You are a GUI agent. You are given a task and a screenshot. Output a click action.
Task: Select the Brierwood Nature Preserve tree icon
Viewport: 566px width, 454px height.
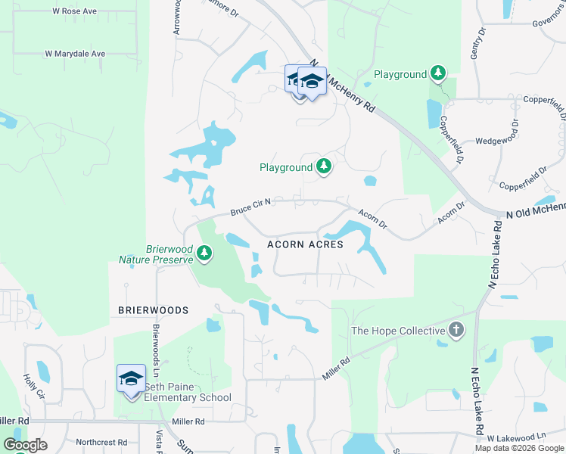204,253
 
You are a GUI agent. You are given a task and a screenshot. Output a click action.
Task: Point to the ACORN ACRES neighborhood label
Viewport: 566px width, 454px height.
305,244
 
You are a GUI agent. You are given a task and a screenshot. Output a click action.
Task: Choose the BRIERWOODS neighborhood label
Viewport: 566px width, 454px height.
152,310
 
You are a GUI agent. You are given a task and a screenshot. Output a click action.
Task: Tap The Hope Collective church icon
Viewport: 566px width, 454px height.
456,330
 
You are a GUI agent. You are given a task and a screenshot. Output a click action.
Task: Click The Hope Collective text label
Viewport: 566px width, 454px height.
397,331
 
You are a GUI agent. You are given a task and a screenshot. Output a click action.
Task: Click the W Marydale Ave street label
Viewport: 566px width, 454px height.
75,54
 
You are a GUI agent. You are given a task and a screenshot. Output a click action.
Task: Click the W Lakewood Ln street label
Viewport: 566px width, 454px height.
517,437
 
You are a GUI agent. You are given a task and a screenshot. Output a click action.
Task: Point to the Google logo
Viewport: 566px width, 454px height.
25,445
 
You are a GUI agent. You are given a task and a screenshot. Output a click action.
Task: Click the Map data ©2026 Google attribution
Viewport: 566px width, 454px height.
519,448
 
